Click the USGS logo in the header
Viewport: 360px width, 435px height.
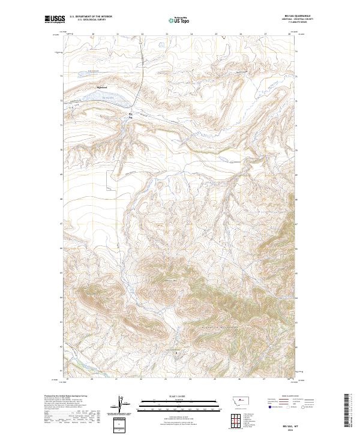(x=53, y=19)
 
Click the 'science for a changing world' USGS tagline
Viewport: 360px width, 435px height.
(x=53, y=24)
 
